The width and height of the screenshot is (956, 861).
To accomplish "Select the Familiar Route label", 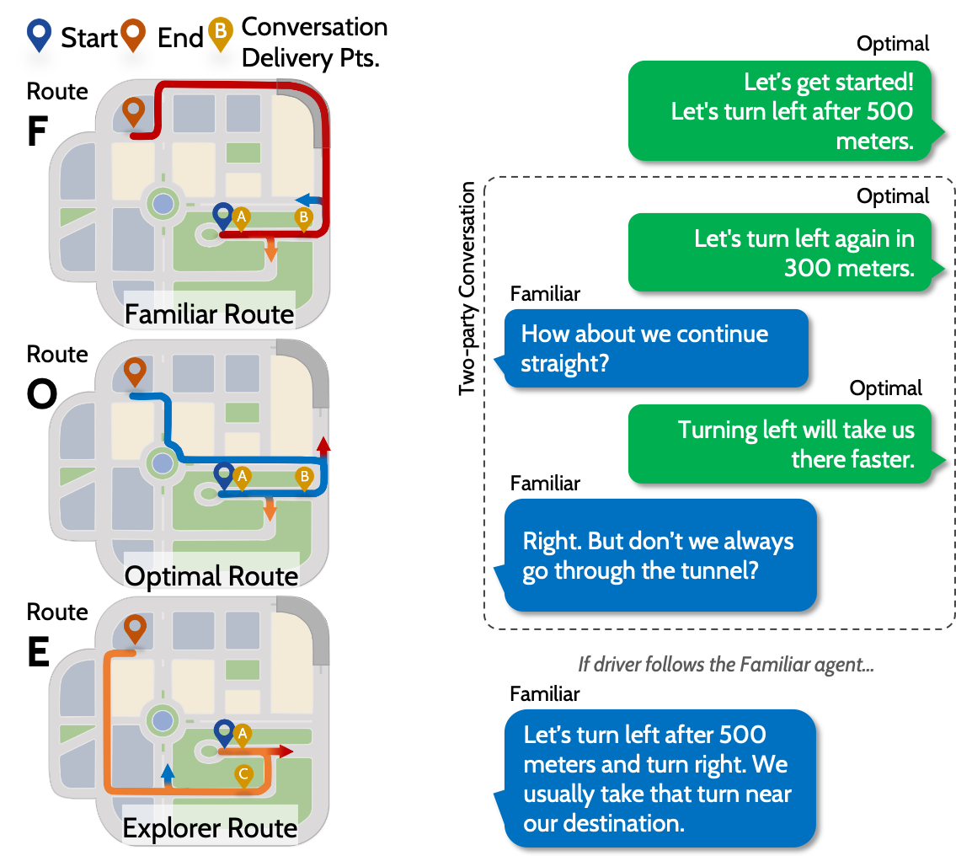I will click(209, 314).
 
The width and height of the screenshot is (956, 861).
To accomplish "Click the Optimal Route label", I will click(211, 576).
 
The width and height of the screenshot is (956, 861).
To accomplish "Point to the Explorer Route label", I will click(210, 828).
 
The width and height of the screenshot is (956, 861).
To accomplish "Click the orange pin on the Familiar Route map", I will click(133, 111).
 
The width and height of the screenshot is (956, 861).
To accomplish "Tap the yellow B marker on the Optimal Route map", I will click(304, 478).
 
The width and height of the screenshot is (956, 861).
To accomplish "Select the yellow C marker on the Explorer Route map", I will click(243, 775).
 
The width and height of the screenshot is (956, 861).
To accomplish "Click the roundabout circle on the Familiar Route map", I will click(163, 203).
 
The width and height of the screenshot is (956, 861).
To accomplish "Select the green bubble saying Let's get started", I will click(779, 110).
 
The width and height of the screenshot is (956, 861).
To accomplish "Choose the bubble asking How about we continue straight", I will click(654, 348).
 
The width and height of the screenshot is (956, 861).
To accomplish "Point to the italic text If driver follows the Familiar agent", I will click(725, 665).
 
